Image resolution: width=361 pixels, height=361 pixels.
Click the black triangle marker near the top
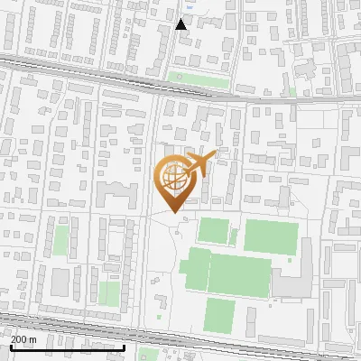click(x=181, y=24)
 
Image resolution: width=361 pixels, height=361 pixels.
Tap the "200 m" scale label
click(x=23, y=338)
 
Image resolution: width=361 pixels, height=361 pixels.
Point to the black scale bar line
click(x=68, y=347)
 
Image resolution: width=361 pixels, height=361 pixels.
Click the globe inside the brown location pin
click(x=176, y=178)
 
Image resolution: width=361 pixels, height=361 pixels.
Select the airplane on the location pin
click(x=199, y=163)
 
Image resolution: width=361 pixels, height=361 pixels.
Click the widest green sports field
click(x=239, y=274)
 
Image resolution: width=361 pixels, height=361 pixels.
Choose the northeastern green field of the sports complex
click(x=270, y=236)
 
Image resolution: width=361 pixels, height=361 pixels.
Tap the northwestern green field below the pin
click(x=214, y=230)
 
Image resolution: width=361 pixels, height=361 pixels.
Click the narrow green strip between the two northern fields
click(x=234, y=236)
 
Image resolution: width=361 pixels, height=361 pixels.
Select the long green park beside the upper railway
click(x=199, y=80)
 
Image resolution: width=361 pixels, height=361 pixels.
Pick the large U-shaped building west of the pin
click(x=115, y=193)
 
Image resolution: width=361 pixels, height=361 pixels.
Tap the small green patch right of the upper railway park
click(x=291, y=91)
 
